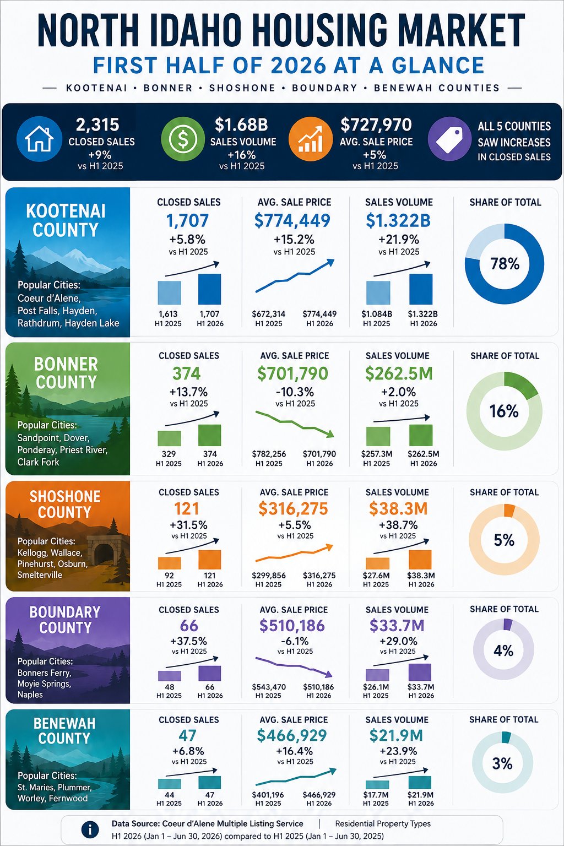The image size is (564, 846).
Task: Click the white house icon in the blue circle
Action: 39,139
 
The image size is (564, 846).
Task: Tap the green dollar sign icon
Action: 183,139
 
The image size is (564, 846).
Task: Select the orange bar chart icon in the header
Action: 311,139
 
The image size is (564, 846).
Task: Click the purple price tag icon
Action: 449,139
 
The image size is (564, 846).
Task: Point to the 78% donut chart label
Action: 505,264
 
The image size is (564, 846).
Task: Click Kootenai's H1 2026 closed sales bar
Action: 210,289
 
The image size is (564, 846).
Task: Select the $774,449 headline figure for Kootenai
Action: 292,220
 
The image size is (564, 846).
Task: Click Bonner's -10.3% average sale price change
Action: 295,392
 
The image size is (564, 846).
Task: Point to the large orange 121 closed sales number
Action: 187,509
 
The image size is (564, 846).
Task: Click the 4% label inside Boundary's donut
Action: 503,650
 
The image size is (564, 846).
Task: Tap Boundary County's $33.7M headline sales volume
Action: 397,626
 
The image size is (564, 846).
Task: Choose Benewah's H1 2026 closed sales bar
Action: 210,782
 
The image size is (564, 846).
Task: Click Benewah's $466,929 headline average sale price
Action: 291,735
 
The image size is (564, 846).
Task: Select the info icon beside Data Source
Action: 90,830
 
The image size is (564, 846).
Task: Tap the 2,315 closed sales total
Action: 97,125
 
